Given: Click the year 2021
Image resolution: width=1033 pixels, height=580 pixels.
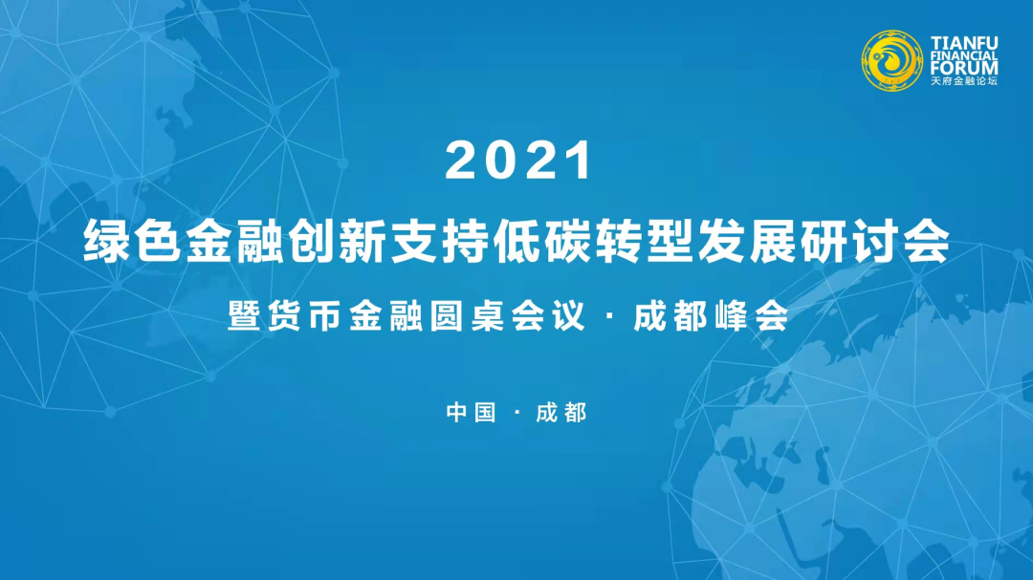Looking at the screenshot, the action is (518, 161).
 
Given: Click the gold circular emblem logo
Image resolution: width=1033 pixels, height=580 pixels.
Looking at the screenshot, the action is (892, 60).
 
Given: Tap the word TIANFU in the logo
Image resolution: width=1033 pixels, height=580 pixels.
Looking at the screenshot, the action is (964, 43).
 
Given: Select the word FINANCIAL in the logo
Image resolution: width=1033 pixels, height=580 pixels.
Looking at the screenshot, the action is (964, 56).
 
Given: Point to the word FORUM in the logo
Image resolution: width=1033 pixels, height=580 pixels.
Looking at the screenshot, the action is (964, 68).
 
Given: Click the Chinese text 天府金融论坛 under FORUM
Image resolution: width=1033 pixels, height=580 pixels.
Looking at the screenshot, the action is (964, 81).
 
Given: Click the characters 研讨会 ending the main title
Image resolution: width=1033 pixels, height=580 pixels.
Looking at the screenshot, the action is (875, 242).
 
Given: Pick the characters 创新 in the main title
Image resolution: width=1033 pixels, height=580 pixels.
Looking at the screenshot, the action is (339, 242).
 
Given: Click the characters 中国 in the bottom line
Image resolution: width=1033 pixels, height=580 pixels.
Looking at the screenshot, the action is (471, 413).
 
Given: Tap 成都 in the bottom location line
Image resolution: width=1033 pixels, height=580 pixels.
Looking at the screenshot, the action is (561, 413).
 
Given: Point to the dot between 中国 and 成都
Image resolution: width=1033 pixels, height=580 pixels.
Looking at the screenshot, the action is (516, 414).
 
